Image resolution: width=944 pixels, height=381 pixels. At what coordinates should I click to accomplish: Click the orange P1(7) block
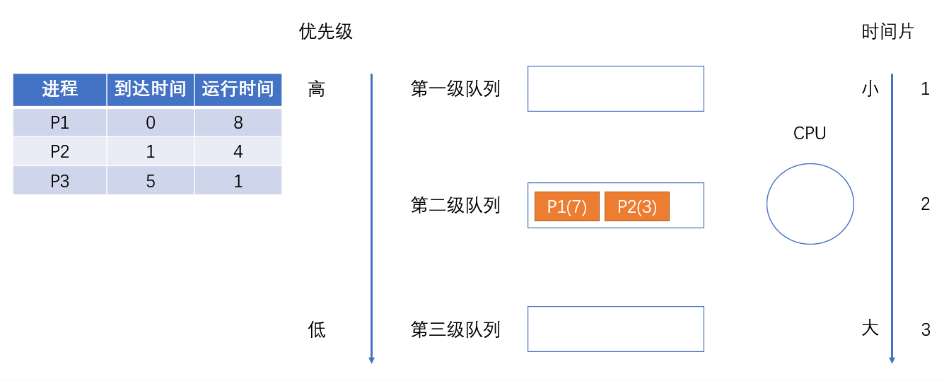click(x=566, y=206)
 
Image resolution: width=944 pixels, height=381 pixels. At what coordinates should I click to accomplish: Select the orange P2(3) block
click(x=636, y=206)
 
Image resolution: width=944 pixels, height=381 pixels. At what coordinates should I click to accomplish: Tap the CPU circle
click(x=810, y=205)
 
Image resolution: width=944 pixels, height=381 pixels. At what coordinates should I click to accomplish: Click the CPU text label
click(x=810, y=133)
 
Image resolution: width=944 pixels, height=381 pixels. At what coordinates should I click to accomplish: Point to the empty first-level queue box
click(x=615, y=88)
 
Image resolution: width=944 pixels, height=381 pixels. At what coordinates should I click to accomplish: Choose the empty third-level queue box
click(x=615, y=329)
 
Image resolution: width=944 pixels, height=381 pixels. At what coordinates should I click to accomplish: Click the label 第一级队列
click(x=455, y=89)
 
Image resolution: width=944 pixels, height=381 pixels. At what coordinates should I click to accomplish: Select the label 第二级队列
click(x=455, y=206)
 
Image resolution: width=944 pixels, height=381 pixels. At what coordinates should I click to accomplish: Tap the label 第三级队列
click(x=455, y=329)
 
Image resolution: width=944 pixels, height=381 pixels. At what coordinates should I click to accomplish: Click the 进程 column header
click(x=60, y=89)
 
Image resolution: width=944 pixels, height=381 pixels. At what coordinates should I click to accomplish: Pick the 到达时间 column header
click(x=150, y=89)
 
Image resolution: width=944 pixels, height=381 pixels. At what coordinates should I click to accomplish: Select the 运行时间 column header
click(x=238, y=89)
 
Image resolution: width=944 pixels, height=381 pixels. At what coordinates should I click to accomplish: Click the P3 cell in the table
click(x=60, y=181)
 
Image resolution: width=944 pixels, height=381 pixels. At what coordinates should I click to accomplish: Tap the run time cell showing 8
click(x=238, y=123)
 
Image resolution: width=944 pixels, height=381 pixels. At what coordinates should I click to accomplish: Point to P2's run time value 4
click(x=238, y=152)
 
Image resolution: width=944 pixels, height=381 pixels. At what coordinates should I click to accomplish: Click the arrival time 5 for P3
click(x=150, y=181)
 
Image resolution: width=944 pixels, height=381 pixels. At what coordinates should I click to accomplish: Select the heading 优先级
click(x=325, y=32)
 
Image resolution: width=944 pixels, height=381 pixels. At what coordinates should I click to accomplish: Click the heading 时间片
click(x=887, y=32)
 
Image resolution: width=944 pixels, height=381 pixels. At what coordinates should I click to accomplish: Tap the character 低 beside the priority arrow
click(x=317, y=329)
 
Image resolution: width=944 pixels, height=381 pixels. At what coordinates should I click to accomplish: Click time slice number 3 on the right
click(x=926, y=329)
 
